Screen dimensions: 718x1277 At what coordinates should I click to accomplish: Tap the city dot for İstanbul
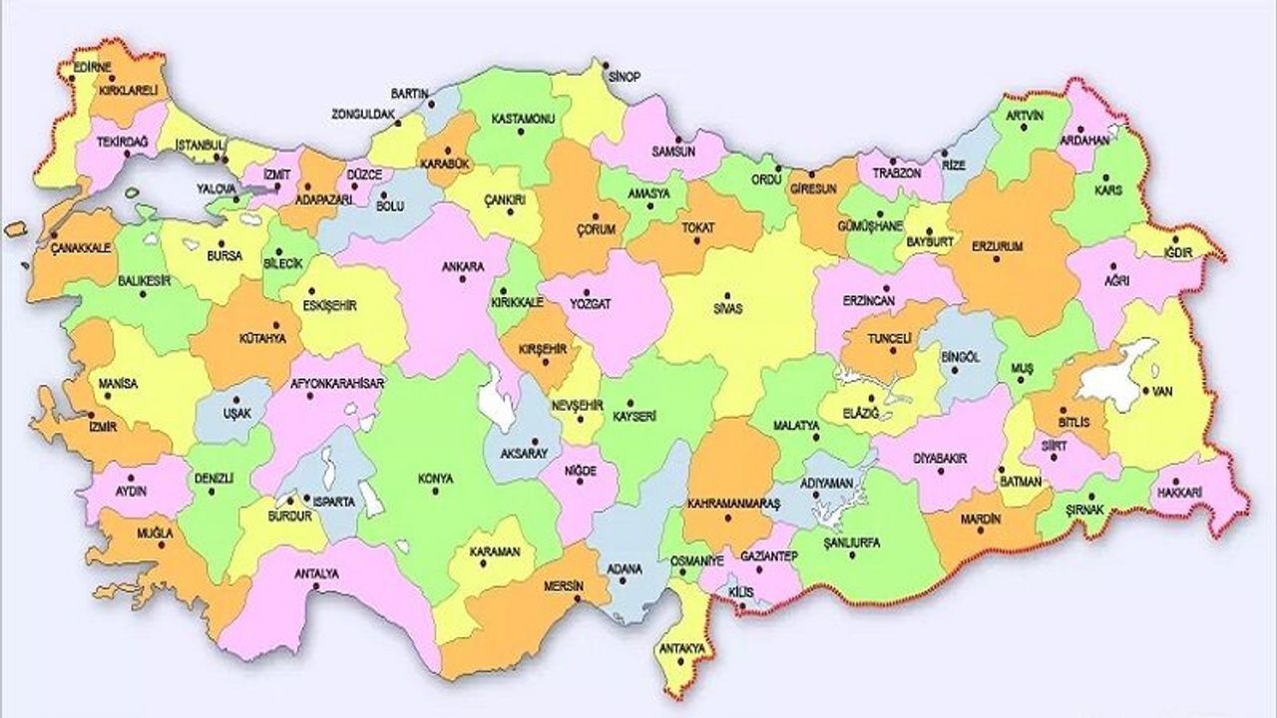pos(226,158)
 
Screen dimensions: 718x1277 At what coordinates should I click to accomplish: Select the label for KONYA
pos(436,477)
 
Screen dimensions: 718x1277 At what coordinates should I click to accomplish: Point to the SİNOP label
pos(625,77)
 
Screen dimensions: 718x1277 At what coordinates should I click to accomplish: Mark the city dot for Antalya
pos(316,587)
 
